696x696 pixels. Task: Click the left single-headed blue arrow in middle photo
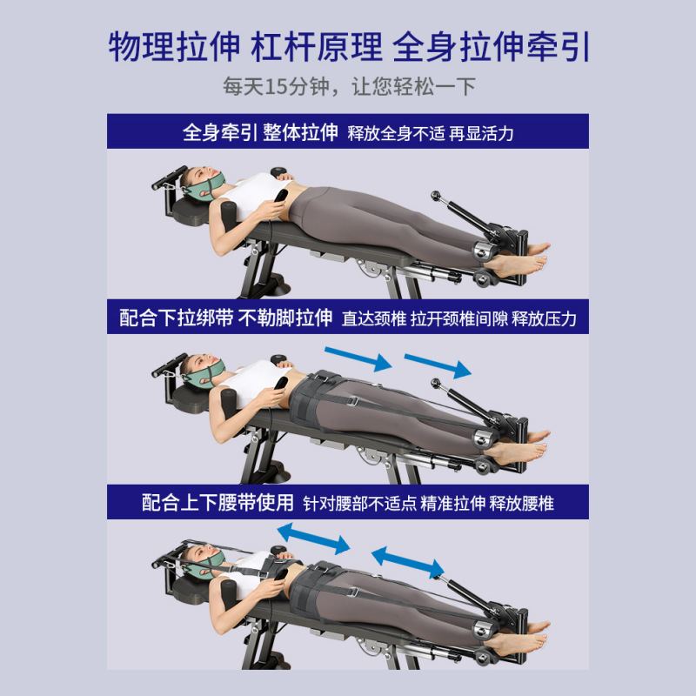point(357,356)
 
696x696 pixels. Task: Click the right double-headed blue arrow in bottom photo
point(406,561)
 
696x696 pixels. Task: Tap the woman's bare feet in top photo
point(522,256)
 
